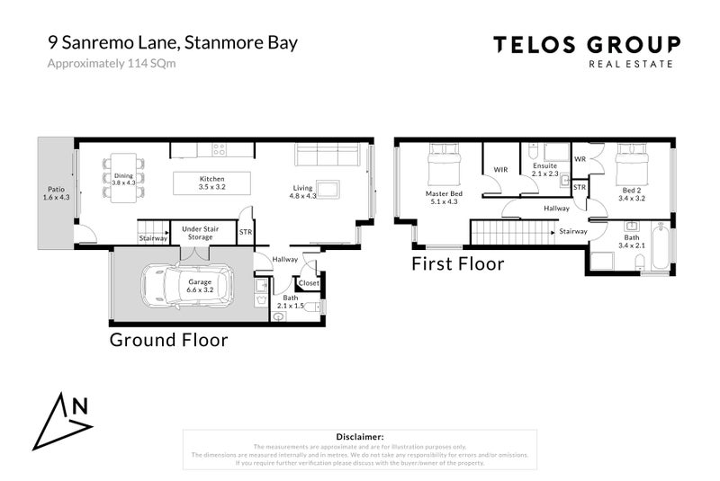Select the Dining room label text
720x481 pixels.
pos(122,179)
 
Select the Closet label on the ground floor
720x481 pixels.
pos(308,283)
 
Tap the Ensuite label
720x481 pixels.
pos(544,171)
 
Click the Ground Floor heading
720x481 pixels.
pos(168,341)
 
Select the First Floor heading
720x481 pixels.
pos(457,264)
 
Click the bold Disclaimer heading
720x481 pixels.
pos(359,436)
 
